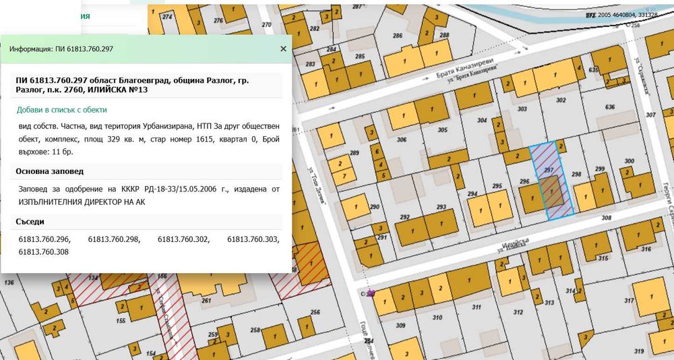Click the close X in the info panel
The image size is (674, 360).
click(x=283, y=49)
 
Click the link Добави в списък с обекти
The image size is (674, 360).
click(x=61, y=109)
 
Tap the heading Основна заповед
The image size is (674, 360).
click(x=49, y=171)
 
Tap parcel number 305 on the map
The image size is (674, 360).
click(x=442, y=130)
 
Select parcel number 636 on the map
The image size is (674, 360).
click(x=611, y=107)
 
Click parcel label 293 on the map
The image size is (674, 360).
click(x=442, y=207)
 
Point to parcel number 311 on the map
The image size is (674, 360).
click(x=477, y=307)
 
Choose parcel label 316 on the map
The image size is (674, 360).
click(x=646, y=249)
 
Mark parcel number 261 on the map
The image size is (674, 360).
click(x=206, y=301)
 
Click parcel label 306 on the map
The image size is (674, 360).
click(x=402, y=140)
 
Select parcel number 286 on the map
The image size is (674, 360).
click(x=398, y=35)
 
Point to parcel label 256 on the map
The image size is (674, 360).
click(x=315, y=312)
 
